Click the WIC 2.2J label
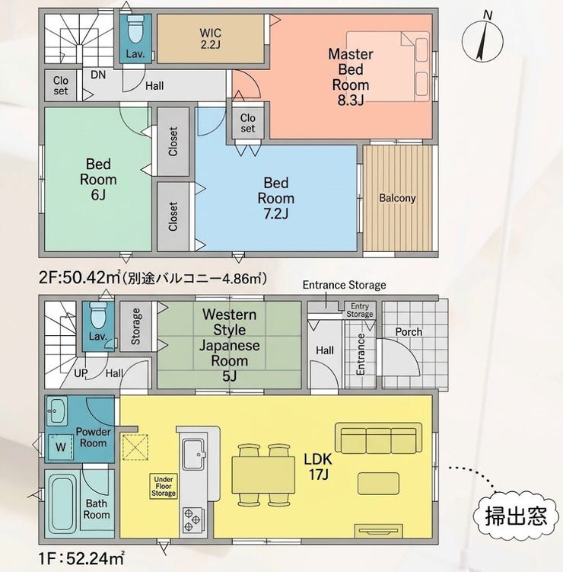point(210,38)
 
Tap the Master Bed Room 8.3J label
point(351,77)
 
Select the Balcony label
point(397,198)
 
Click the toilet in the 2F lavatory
point(135,30)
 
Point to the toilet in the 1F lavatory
point(97,315)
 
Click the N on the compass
point(487,15)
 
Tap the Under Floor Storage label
point(164,486)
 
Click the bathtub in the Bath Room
point(62,503)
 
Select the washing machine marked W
point(61,446)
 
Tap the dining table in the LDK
point(263,475)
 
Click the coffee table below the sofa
point(378,484)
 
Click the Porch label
point(409,332)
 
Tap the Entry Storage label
point(360,310)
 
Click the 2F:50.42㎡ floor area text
point(79,278)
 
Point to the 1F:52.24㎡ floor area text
point(81,558)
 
